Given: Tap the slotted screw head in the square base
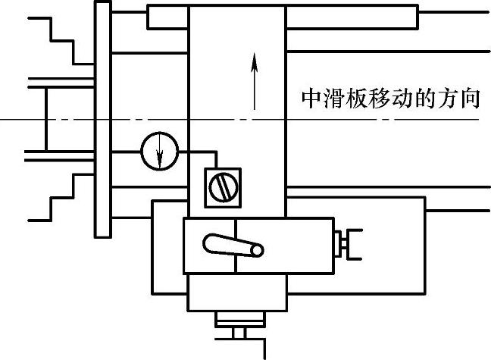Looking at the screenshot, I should [x=223, y=186].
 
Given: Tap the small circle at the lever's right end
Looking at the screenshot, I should [x=258, y=249].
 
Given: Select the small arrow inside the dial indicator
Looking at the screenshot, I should [x=160, y=157].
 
